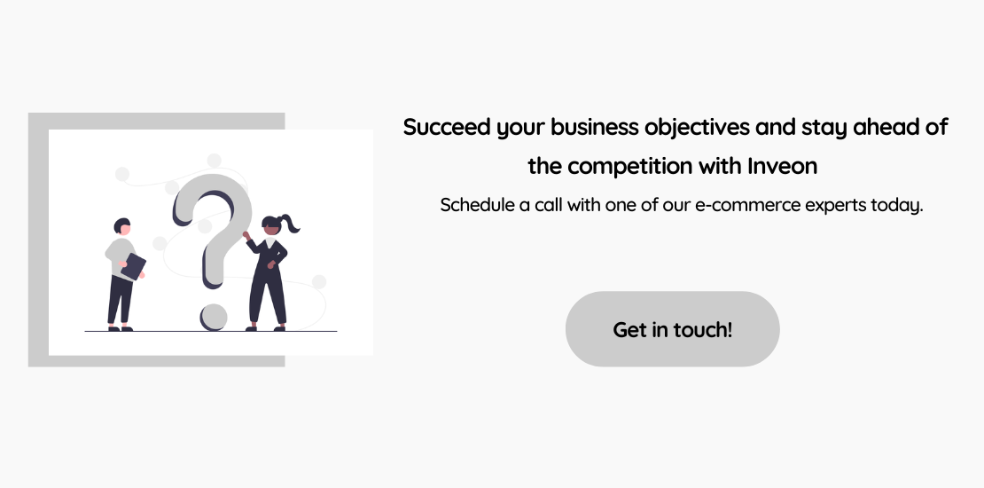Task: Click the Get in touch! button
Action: pyautogui.click(x=672, y=329)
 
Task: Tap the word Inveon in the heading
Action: pyautogui.click(x=782, y=166)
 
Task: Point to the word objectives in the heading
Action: pyautogui.click(x=697, y=128)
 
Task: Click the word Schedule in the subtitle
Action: pyautogui.click(x=477, y=205)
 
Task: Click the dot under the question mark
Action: pyautogui.click(x=214, y=317)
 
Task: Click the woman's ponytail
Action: pyautogui.click(x=290, y=223)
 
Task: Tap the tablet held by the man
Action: pyautogui.click(x=133, y=266)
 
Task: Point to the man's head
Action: pyautogui.click(x=122, y=227)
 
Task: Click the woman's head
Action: pyautogui.click(x=271, y=225)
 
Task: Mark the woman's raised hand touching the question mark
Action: pyautogui.click(x=246, y=235)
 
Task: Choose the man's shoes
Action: pyautogui.click(x=120, y=327)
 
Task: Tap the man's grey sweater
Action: pyautogui.click(x=121, y=257)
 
